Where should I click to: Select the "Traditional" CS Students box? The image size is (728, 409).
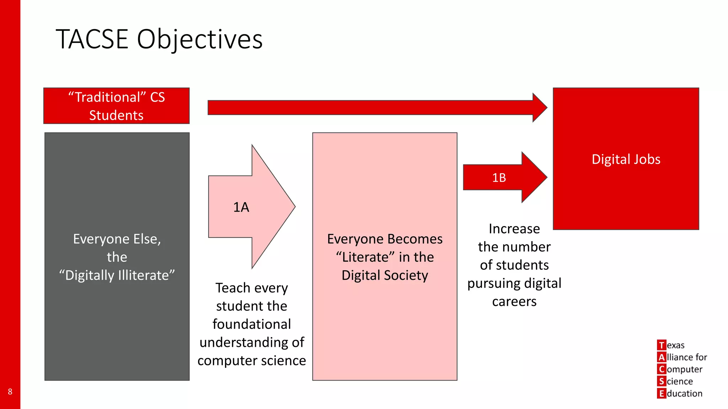point(117,106)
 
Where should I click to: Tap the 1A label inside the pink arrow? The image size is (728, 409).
point(241,207)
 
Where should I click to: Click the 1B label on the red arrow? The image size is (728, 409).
point(499,178)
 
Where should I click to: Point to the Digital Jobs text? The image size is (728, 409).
point(626,159)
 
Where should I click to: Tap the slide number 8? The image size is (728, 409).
point(10,392)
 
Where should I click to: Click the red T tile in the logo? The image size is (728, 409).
point(661,345)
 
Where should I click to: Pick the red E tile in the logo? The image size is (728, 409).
point(661,393)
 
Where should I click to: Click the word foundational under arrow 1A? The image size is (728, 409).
point(252,324)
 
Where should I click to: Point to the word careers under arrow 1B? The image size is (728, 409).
point(514,301)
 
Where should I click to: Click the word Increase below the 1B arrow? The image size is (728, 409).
point(514,229)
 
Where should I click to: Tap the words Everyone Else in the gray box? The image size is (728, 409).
point(117,239)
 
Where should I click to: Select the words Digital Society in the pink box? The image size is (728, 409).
point(385,276)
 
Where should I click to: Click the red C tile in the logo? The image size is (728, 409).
point(661,369)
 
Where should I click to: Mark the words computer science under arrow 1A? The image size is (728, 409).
point(252,361)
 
